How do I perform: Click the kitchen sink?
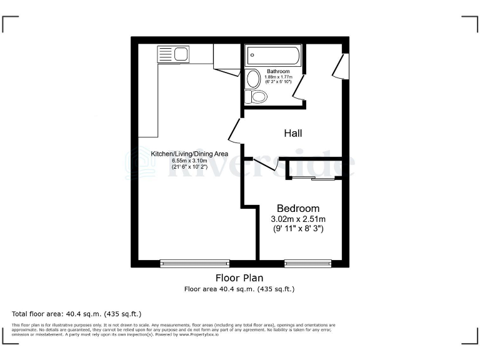point(173,54)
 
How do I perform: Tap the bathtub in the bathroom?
point(273,56)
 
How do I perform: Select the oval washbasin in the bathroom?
point(253,79)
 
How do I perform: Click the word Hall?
point(293,133)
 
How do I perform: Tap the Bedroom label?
point(298,208)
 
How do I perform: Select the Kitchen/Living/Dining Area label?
point(189,154)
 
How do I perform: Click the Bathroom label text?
point(278,71)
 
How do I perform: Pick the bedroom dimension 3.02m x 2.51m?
point(298,219)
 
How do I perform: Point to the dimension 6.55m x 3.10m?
point(189,161)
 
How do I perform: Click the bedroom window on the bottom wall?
point(307,264)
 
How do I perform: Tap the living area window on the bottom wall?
point(194,264)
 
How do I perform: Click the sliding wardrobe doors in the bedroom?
point(314,179)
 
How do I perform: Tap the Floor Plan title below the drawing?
point(239,278)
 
